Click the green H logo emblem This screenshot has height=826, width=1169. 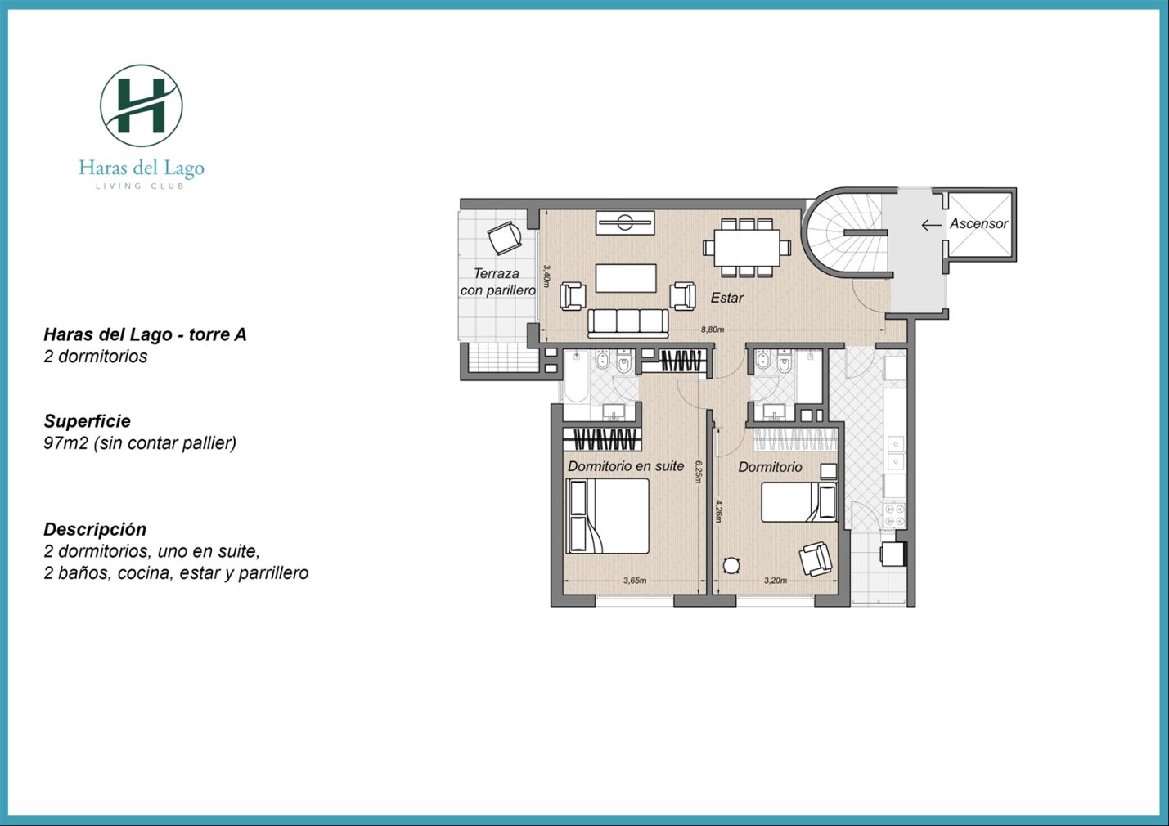pyautogui.click(x=142, y=106)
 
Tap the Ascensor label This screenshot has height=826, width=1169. pyautogui.click(x=978, y=224)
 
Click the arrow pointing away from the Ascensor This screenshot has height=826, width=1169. pyautogui.click(x=932, y=225)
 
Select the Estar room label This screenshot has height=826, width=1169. pyautogui.click(x=727, y=298)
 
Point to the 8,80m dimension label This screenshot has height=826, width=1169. pyautogui.click(x=713, y=330)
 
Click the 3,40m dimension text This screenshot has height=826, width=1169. pyautogui.click(x=546, y=275)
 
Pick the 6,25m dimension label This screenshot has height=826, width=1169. pyautogui.click(x=699, y=471)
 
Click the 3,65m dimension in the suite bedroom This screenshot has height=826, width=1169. pyautogui.click(x=635, y=580)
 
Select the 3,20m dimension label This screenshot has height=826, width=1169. pyautogui.click(x=775, y=580)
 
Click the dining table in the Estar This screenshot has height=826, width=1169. pyautogui.click(x=747, y=248)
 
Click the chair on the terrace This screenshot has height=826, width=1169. pyautogui.click(x=505, y=238)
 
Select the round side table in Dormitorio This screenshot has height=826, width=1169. pyautogui.click(x=731, y=565)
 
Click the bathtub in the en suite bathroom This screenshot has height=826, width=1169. pyautogui.click(x=576, y=376)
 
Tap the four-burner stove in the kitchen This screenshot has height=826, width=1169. pyautogui.click(x=894, y=514)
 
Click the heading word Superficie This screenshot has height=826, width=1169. pyautogui.click(x=88, y=421)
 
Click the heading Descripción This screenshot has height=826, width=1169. pyautogui.click(x=95, y=529)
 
